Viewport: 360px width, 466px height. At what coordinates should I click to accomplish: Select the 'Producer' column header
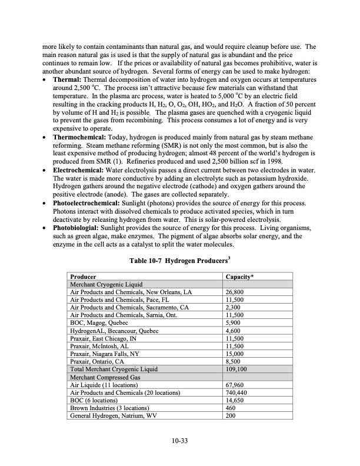pyautogui.click(x=84, y=276)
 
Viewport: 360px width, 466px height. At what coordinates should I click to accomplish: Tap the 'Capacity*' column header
pyautogui.click(x=239, y=276)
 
